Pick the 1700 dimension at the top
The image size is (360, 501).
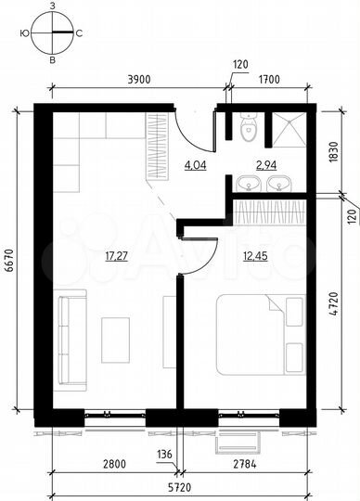(269, 82)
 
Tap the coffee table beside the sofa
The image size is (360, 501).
(116, 340)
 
